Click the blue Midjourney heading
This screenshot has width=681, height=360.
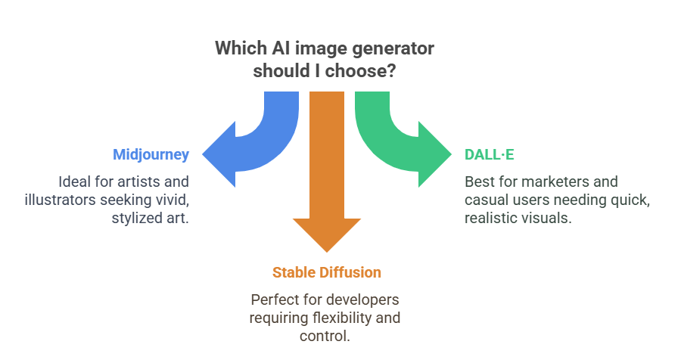click(151, 155)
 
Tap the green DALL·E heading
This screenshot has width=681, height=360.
click(489, 154)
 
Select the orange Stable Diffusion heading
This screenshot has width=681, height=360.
click(327, 273)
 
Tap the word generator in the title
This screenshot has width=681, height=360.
click(393, 48)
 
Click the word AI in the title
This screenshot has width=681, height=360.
click(281, 48)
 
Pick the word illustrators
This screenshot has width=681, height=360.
click(60, 200)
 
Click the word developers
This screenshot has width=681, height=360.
click(362, 299)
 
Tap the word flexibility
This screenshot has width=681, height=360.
click(342, 318)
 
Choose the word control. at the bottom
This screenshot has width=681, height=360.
click(325, 336)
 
